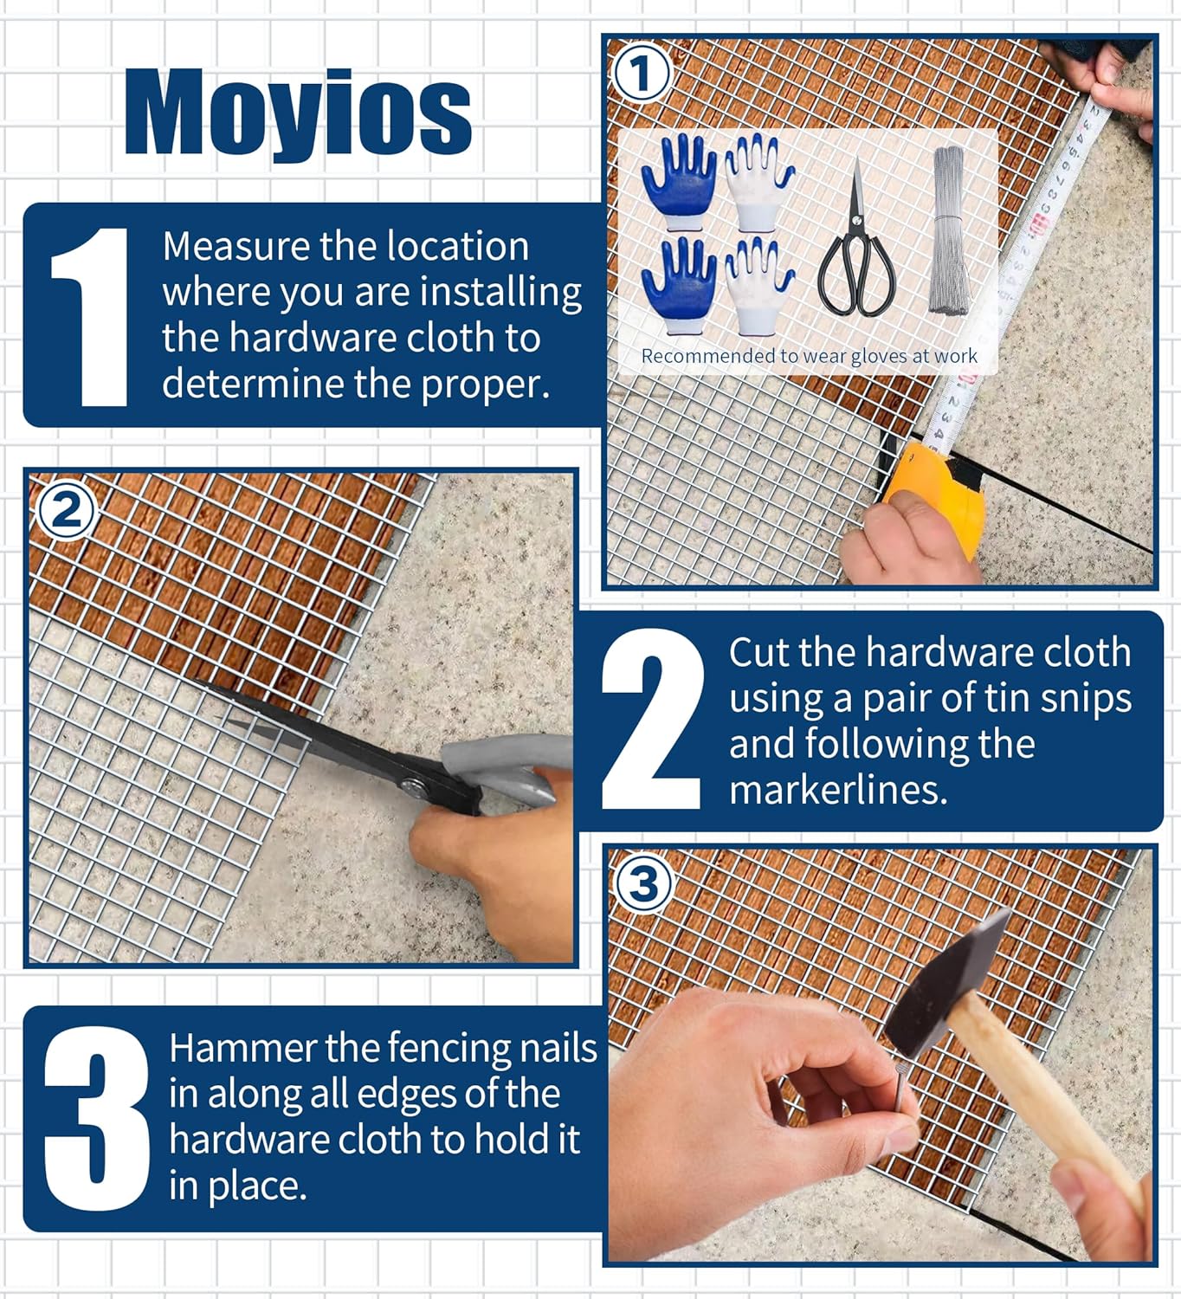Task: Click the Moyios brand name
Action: [x=299, y=113]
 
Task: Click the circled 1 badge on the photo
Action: [x=641, y=74]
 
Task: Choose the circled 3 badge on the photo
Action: [x=642, y=884]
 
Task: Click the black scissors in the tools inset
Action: [x=855, y=247]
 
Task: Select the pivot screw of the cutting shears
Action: [x=414, y=786]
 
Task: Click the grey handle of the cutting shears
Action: [x=502, y=762]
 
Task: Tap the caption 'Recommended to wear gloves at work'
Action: [x=809, y=356]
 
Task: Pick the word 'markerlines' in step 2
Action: [x=837, y=790]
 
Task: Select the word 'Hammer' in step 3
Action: [x=242, y=1049]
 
